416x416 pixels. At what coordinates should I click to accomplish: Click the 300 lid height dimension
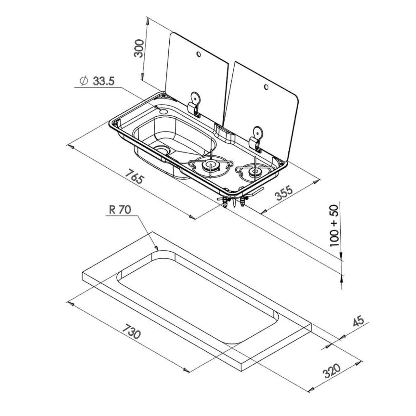139,48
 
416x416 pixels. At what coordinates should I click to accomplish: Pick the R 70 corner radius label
120,210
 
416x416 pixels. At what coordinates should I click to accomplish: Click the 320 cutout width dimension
332,371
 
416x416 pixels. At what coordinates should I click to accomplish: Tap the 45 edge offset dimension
359,322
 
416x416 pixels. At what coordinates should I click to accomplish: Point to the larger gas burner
209,166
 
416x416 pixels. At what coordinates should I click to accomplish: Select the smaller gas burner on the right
253,171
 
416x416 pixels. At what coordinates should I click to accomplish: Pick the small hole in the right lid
266,87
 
